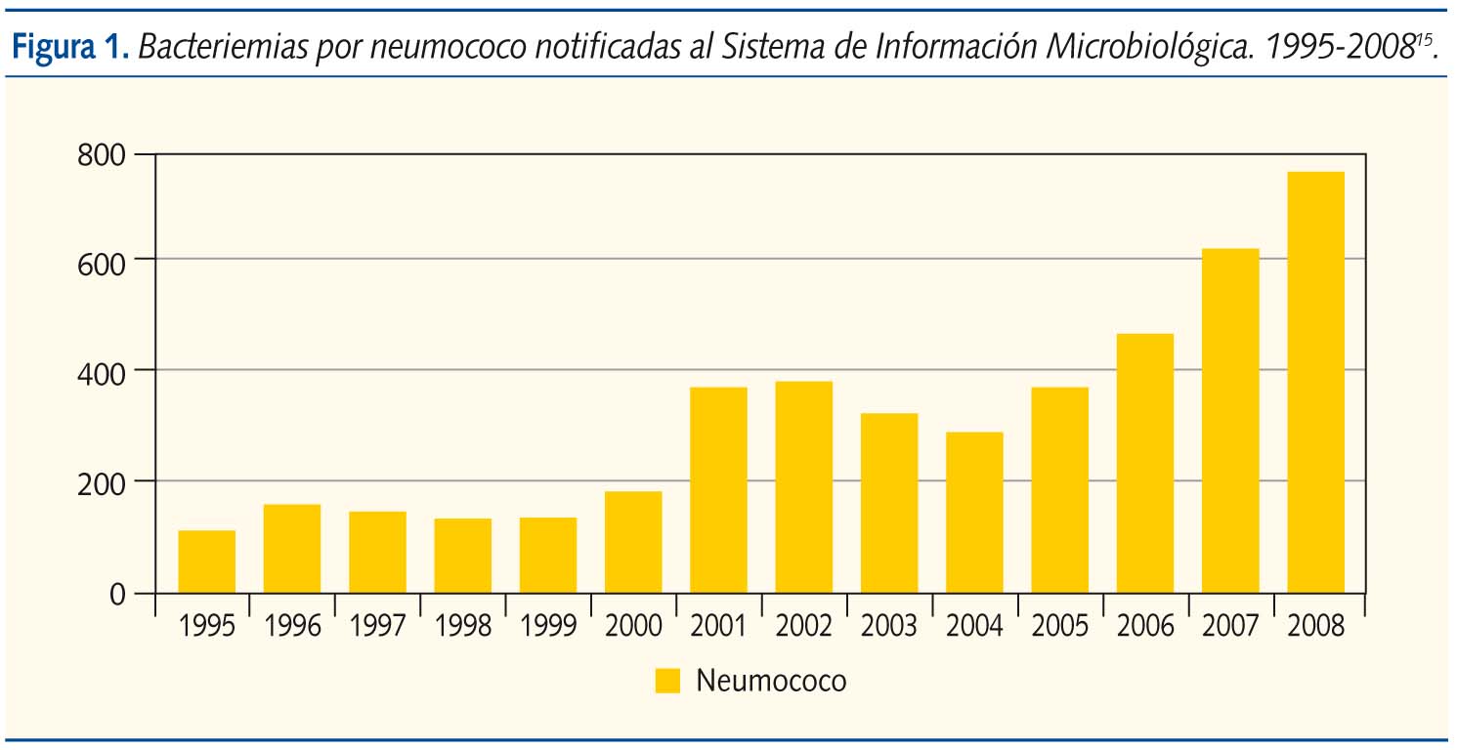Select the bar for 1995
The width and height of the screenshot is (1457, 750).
click(207, 562)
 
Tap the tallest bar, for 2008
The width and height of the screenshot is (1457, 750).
click(1315, 382)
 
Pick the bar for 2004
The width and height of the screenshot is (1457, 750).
click(974, 513)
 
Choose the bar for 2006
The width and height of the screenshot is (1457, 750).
click(1145, 463)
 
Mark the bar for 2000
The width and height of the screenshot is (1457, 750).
click(633, 542)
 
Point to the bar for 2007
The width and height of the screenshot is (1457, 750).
click(1230, 421)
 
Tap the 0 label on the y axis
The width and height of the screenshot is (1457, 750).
click(117, 594)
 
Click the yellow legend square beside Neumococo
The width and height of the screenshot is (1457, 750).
click(667, 681)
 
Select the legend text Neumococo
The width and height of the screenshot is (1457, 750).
click(771, 681)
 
